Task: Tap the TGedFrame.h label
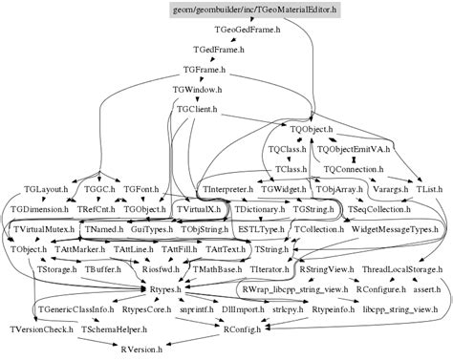pos(218,50)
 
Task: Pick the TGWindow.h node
pos(198,89)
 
